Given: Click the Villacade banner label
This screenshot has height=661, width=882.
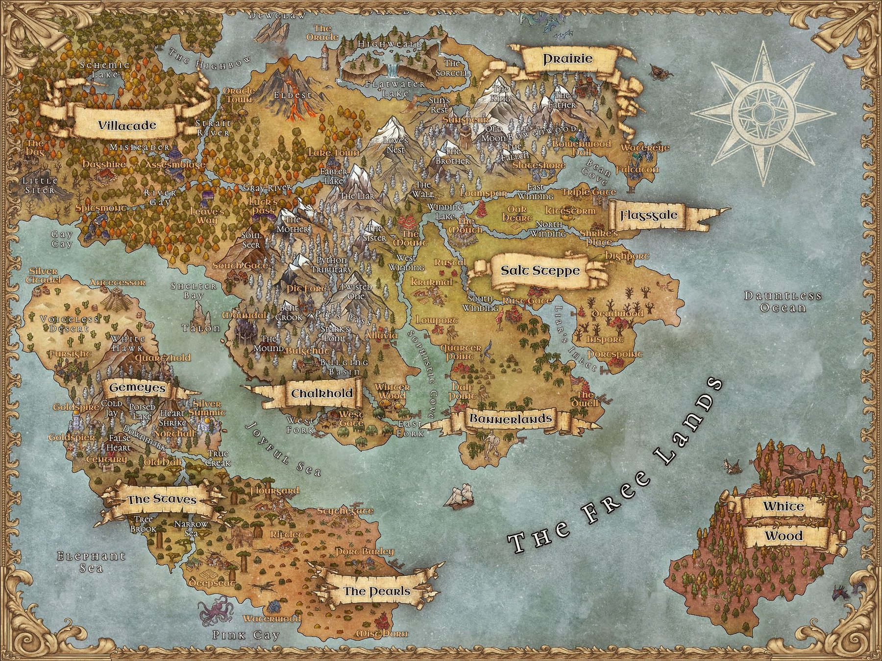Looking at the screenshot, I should click(x=126, y=125).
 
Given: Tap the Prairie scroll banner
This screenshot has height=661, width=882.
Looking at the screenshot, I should click(x=567, y=60).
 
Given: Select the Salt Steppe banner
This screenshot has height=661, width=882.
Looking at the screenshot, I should click(x=540, y=270).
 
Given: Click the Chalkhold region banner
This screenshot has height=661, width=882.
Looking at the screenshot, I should click(x=322, y=394).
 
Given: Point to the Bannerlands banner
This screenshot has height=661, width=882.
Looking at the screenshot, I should click(x=511, y=419).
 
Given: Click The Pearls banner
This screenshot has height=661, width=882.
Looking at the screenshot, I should click(x=376, y=591).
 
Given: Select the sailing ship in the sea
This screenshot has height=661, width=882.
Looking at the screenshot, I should click(x=459, y=496).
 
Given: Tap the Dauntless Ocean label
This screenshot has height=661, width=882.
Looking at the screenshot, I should click(x=783, y=302).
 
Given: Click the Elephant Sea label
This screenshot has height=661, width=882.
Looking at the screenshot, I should click(x=92, y=562).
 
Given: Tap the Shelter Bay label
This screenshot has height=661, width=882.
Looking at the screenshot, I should click(x=193, y=290).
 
